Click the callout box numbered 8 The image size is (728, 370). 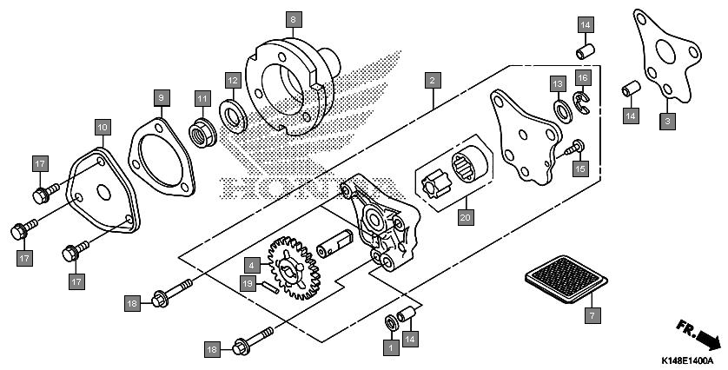[x=294, y=19]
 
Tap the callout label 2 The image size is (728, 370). [x=433, y=80]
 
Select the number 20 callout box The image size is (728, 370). [x=466, y=217]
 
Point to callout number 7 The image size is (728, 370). [x=592, y=315]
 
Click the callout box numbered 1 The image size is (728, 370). [x=391, y=347]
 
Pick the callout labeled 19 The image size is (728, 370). [x=248, y=283]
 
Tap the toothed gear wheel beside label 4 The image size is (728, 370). [x=294, y=268]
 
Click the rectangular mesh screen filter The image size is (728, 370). [x=566, y=279]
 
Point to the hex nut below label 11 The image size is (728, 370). [x=202, y=132]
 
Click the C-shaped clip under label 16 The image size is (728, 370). [x=581, y=102]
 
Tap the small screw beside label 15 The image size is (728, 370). [x=574, y=149]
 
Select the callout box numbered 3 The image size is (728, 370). [x=667, y=122]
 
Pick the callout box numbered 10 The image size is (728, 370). [x=103, y=127]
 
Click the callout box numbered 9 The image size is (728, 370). [x=161, y=98]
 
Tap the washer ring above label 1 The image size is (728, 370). [x=391, y=322]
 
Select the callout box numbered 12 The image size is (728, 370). [x=233, y=80]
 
